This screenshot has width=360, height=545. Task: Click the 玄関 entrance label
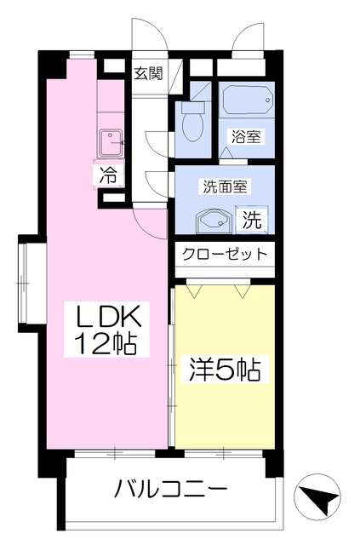[x=148, y=73]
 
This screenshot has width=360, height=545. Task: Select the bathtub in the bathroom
[x=246, y=100]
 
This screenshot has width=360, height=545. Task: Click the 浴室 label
[x=246, y=136]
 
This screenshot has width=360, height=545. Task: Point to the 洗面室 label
[x=225, y=187]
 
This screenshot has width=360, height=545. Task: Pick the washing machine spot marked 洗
[x=252, y=220]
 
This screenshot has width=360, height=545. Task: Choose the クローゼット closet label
[x=225, y=255]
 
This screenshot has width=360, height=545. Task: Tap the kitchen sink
[x=111, y=143]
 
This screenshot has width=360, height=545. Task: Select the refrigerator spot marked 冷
[x=109, y=176]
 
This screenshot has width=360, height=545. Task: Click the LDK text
[x=108, y=316]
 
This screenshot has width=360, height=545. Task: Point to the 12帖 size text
[x=106, y=343]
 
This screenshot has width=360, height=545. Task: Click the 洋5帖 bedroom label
[x=225, y=370]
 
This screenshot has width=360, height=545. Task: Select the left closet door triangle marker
[x=195, y=291]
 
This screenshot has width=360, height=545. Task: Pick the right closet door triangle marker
[x=243, y=291]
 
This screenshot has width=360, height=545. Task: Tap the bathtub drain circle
[x=267, y=100]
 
